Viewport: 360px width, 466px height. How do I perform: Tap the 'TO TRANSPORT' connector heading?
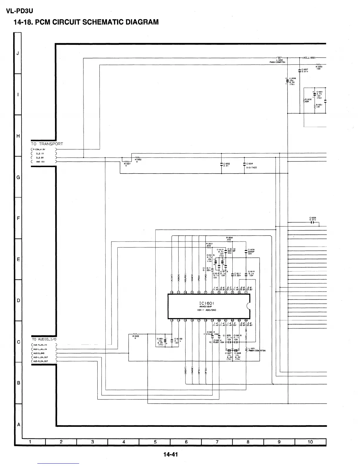click(x=47, y=144)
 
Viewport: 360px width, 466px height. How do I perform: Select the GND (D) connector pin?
click(x=40, y=162)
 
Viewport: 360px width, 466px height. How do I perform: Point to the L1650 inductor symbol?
click(x=280, y=58)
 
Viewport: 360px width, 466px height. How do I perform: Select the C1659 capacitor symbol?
click(x=313, y=222)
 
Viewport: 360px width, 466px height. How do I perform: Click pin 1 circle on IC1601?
click(x=246, y=292)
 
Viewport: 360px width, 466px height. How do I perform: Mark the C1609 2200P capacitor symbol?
click(x=246, y=251)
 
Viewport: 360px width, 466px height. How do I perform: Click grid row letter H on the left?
click(x=18, y=136)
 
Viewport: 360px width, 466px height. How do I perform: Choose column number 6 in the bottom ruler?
click(x=186, y=442)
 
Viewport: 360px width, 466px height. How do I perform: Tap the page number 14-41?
click(x=171, y=455)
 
